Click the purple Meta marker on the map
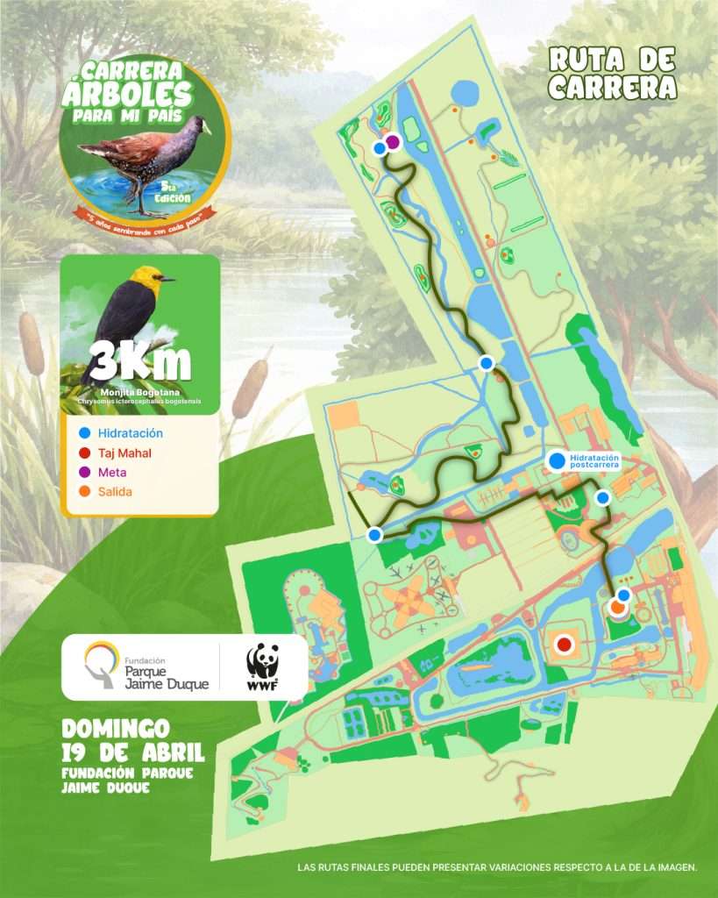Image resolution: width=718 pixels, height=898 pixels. [393, 141]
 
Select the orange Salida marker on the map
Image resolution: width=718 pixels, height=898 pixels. [618, 607]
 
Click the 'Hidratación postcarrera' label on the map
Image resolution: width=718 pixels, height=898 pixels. [594, 461]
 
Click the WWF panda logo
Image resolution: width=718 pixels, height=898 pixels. [262, 667]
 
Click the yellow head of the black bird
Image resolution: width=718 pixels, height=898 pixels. [153, 280]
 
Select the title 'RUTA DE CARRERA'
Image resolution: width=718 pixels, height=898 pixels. [613, 74]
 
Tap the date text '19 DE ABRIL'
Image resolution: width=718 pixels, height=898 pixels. [132, 752]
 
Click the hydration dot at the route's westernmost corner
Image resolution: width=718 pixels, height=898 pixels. [374, 534]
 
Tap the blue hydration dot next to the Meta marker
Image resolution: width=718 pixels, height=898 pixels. [379, 149]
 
